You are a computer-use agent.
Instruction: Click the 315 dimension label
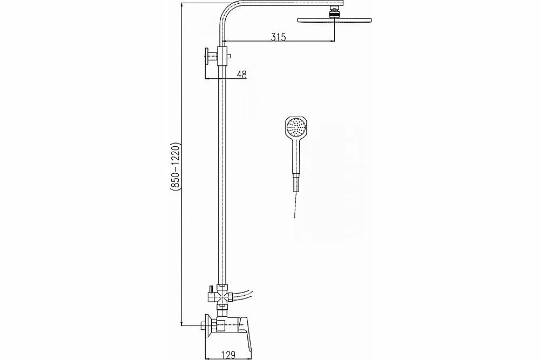pyautogui.click(x=278, y=37)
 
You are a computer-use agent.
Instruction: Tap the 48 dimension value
pyautogui.click(x=242, y=74)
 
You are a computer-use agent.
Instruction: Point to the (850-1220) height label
pyautogui.click(x=175, y=166)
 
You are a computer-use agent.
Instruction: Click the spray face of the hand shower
pyautogui.click(x=296, y=128)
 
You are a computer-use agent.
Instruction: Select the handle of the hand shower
pyautogui.click(x=296, y=157)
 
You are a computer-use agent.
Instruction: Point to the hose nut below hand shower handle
pyautogui.click(x=296, y=184)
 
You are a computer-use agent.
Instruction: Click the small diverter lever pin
pyautogui.click(x=208, y=291)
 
